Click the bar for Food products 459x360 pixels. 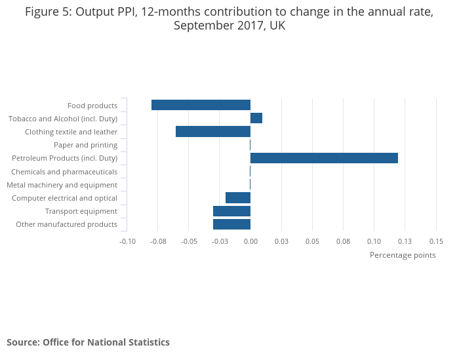[x=201, y=105]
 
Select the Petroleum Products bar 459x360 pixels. [x=324, y=158]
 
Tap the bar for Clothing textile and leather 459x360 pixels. [x=213, y=132]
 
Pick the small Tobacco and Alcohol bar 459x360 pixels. [x=256, y=118]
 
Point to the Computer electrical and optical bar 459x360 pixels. [x=238, y=198]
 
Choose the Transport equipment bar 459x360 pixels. [x=231, y=211]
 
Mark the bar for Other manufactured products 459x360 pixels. [x=231, y=224]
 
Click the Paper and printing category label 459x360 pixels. [x=85, y=145]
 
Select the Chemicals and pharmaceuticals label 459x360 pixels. [x=64, y=172]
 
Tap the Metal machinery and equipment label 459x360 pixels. [x=62, y=185]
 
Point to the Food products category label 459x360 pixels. [x=92, y=106]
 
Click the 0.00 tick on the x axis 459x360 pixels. [x=250, y=241]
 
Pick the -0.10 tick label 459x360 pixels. [x=127, y=241]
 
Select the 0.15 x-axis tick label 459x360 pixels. [x=436, y=241]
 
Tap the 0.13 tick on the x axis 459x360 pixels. [x=405, y=241]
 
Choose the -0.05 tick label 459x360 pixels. [x=189, y=241]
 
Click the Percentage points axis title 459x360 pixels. [x=403, y=255]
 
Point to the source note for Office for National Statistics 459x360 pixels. [x=88, y=342]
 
